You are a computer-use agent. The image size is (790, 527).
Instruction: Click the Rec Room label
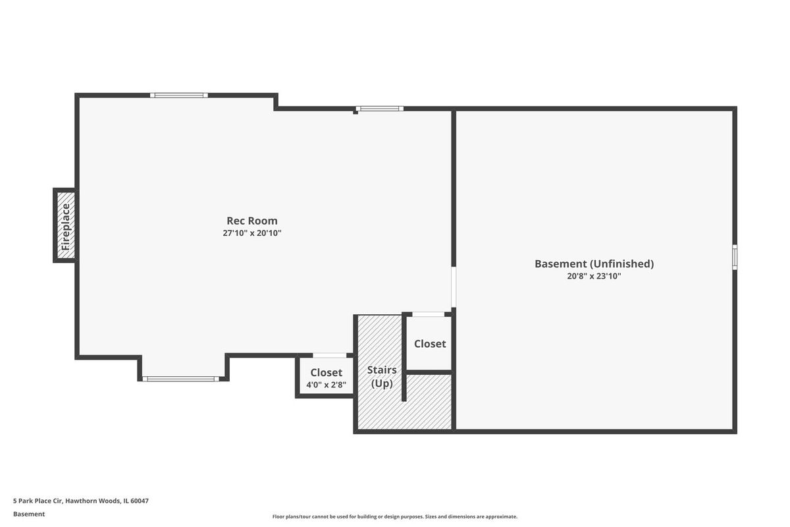pyautogui.click(x=251, y=221)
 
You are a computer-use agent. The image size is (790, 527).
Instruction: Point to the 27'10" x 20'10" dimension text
pyautogui.click(x=251, y=233)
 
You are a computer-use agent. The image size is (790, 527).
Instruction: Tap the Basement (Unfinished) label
pyautogui.click(x=594, y=263)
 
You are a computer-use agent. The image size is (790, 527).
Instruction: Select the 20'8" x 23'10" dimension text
pyautogui.click(x=594, y=276)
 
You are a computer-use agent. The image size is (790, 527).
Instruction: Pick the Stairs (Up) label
pyautogui.click(x=382, y=377)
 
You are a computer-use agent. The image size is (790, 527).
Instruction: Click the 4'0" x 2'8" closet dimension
pyautogui.click(x=327, y=385)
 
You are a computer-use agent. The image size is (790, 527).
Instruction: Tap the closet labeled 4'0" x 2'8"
pyautogui.click(x=325, y=375)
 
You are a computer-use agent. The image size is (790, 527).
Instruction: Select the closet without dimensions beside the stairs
pyautogui.click(x=429, y=343)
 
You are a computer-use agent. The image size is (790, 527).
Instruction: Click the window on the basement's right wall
pyautogui.click(x=735, y=257)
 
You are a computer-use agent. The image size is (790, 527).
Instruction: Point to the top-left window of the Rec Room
pyautogui.click(x=179, y=96)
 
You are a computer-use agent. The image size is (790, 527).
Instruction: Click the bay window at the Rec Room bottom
pyautogui.click(x=180, y=379)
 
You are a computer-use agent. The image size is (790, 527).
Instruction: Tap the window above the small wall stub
pyautogui.click(x=379, y=109)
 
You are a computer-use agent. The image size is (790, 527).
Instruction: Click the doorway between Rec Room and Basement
pyautogui.click(x=454, y=287)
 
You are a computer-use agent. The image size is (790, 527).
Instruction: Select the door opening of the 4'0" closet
pyautogui.click(x=330, y=355)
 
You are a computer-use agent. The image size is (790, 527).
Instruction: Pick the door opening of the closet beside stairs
pyautogui.click(x=429, y=314)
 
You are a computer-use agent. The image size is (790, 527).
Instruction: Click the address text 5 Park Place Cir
pyautogui.click(x=38, y=501)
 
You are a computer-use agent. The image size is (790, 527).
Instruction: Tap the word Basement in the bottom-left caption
pyautogui.click(x=29, y=514)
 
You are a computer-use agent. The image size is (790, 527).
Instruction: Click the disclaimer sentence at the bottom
pyautogui.click(x=394, y=516)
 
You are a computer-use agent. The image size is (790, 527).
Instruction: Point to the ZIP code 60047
pyautogui.click(x=140, y=501)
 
